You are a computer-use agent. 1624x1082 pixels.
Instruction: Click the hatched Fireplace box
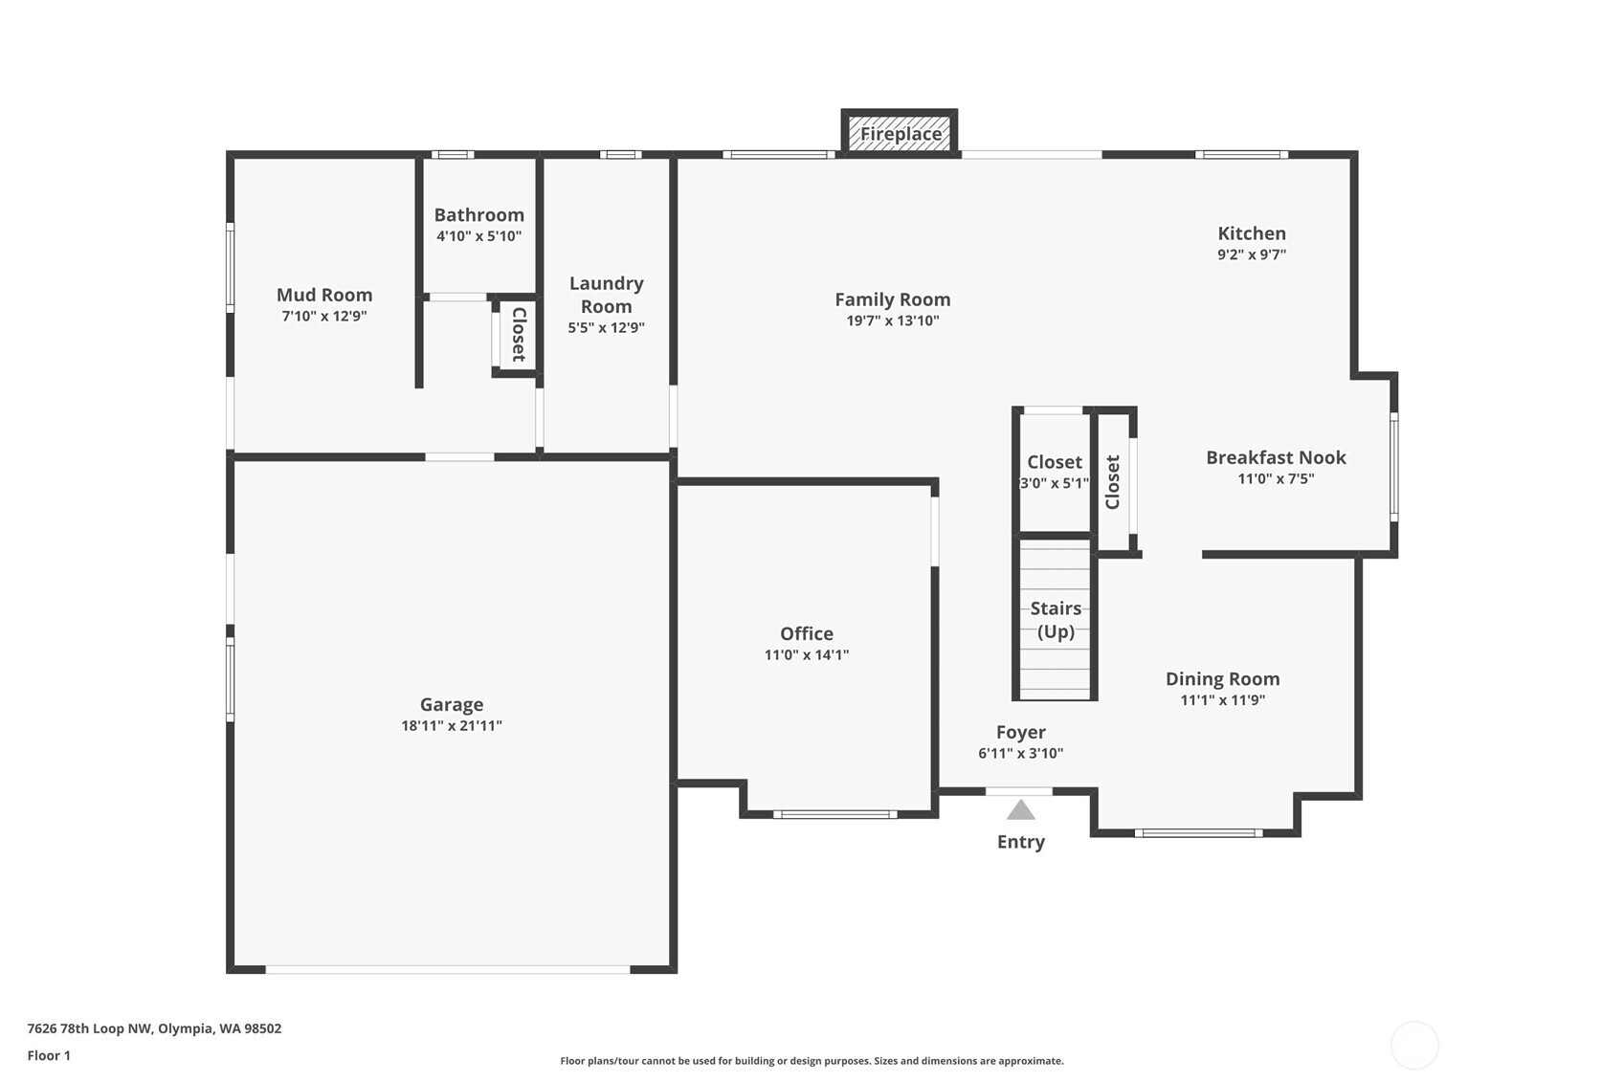[899, 132]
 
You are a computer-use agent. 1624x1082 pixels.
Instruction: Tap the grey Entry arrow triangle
[1021, 809]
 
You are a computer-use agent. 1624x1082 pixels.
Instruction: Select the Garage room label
[452, 704]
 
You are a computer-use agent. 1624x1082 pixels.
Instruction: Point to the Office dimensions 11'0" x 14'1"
[806, 654]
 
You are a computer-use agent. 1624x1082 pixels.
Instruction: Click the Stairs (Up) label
[1056, 620]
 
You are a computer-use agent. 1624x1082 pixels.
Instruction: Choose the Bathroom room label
[479, 214]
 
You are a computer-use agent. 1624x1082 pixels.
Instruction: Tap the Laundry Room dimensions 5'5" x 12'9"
[606, 327]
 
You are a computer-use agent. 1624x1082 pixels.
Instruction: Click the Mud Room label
[324, 295]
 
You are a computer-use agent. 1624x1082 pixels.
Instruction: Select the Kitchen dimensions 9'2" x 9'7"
[1252, 254]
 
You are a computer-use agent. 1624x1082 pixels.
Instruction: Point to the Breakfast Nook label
[1276, 457]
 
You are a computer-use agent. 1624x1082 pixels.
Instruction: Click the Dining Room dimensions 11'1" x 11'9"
[1223, 699]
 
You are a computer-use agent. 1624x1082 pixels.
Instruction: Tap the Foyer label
[1021, 732]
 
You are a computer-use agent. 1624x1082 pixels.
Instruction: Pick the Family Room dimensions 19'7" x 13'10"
[893, 320]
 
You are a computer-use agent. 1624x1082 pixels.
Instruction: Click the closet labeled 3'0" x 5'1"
[1055, 471]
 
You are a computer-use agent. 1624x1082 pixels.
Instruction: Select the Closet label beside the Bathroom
[519, 334]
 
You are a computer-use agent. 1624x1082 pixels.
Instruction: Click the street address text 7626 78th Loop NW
[90, 1027]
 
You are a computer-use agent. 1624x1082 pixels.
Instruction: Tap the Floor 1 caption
[49, 1055]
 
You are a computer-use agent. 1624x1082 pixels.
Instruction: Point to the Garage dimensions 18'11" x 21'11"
[452, 725]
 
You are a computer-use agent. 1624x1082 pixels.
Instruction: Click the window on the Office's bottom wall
[835, 814]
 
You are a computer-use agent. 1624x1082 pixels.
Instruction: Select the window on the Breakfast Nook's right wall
[1393, 467]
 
